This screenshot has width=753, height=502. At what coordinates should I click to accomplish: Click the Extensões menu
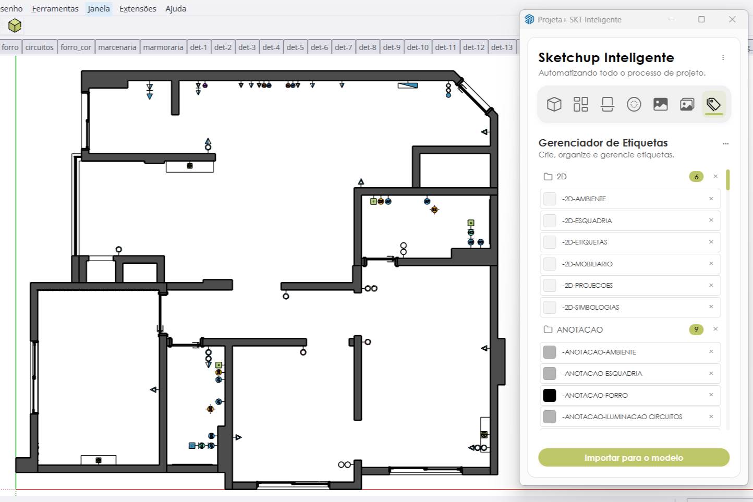pyautogui.click(x=138, y=9)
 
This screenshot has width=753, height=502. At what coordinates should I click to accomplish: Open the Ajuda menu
pyautogui.click(x=176, y=9)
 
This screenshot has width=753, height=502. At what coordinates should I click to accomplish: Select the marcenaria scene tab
pyautogui.click(x=117, y=47)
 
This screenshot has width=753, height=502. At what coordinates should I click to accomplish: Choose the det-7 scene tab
pyautogui.click(x=343, y=47)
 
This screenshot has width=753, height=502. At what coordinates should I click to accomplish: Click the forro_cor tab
pyautogui.click(x=76, y=47)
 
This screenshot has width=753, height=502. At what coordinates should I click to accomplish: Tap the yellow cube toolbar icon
pyautogui.click(x=15, y=26)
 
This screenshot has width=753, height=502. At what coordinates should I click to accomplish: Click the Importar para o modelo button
pyautogui.click(x=634, y=458)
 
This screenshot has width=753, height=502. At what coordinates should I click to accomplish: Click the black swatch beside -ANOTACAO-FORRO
pyautogui.click(x=550, y=395)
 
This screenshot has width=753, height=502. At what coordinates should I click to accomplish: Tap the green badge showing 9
pyautogui.click(x=696, y=329)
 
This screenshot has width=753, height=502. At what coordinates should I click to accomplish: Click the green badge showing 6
pyautogui.click(x=696, y=177)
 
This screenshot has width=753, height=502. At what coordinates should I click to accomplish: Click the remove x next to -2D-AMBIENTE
pyautogui.click(x=711, y=199)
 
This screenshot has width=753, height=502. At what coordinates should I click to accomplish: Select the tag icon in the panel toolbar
pyautogui.click(x=713, y=104)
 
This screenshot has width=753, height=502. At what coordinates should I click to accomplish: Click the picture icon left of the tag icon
pyautogui.click(x=687, y=104)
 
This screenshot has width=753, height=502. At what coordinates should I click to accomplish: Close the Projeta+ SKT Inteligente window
pyautogui.click(x=732, y=19)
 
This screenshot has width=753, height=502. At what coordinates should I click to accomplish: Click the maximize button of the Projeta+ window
pyautogui.click(x=701, y=19)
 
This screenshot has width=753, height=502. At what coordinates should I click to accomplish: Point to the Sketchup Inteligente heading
pyautogui.click(x=606, y=58)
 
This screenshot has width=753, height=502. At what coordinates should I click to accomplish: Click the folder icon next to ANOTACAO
pyautogui.click(x=548, y=329)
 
